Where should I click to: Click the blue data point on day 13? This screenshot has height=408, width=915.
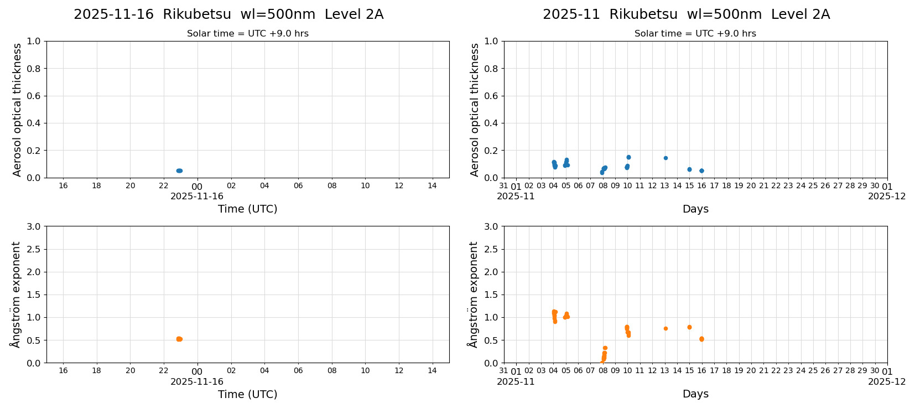click(666, 158)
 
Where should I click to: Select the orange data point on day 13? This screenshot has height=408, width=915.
click(666, 329)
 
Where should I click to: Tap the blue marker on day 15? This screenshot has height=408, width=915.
click(689, 169)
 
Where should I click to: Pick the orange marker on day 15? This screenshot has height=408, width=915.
click(689, 327)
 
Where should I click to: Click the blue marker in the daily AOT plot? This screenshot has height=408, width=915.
click(179, 171)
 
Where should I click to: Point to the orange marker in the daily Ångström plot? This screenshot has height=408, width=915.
click(179, 339)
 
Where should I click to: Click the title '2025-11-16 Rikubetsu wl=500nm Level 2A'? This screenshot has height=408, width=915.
click(228, 15)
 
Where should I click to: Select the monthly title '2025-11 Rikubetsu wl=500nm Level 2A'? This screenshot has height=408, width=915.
click(686, 15)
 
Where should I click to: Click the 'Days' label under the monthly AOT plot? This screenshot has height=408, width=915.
click(695, 209)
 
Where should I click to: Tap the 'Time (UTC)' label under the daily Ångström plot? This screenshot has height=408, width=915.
click(247, 394)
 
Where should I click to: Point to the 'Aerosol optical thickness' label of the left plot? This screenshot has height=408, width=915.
click(17, 110)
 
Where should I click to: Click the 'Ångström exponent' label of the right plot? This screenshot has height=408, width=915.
click(473, 295)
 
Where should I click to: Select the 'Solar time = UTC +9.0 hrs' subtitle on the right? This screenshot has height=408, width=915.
click(695, 34)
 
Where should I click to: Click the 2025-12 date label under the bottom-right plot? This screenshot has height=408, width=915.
click(887, 382)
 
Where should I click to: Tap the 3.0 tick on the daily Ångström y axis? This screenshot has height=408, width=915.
click(34, 226)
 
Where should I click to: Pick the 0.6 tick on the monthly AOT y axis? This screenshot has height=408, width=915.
click(491, 96)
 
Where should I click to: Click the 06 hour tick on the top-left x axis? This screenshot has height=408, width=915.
click(298, 186)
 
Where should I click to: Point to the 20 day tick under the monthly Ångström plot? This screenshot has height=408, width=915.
click(751, 371)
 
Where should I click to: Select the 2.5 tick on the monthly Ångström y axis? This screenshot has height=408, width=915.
click(491, 249)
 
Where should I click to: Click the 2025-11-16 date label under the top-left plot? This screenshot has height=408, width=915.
click(197, 197)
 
